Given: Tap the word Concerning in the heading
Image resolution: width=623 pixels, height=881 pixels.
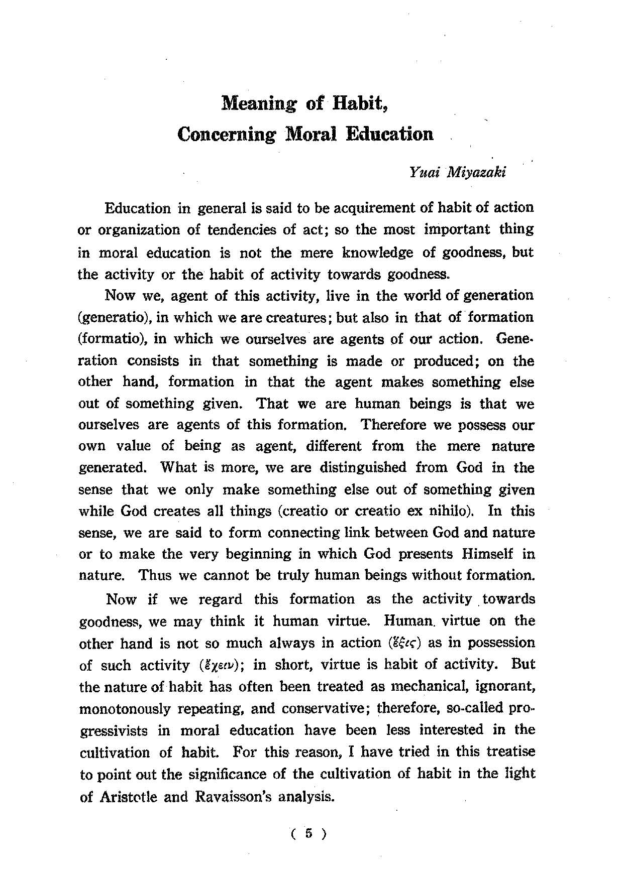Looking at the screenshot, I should coord(227,135).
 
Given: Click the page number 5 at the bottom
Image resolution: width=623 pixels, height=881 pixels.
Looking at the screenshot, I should coord(308,834).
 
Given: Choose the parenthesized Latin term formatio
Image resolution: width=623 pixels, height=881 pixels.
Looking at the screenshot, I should coord(112,339).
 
